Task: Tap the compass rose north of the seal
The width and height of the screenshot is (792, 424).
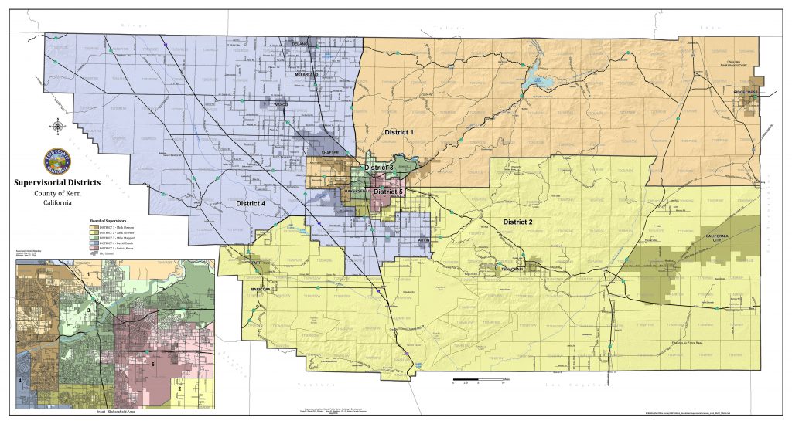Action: click(60, 127)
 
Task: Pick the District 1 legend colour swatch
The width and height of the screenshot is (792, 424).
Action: click(92, 230)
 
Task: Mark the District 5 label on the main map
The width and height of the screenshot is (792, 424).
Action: click(387, 191)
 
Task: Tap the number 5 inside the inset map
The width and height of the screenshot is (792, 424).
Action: click(153, 363)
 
